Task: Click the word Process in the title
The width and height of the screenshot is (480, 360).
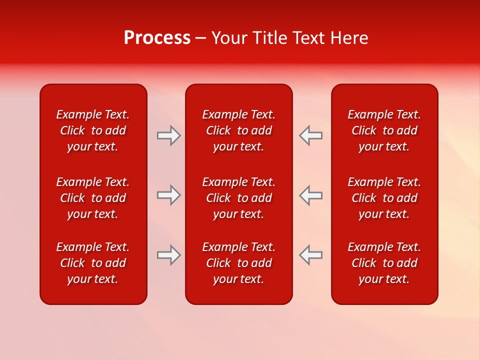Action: tap(157, 38)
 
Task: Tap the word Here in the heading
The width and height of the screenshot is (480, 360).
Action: tap(349, 38)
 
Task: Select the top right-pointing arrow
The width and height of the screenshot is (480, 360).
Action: tap(168, 135)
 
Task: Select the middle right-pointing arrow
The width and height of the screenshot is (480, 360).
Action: tap(168, 195)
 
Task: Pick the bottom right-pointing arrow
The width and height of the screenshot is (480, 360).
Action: tap(168, 254)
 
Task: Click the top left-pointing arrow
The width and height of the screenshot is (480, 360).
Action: tap(310, 135)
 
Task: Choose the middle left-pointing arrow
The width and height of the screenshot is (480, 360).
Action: tap(310, 195)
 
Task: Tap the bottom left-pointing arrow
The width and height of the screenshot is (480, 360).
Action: tap(310, 254)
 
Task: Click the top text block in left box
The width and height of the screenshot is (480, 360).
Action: tap(93, 130)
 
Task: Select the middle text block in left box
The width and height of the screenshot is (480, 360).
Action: tap(93, 198)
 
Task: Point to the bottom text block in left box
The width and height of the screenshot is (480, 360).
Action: tap(93, 263)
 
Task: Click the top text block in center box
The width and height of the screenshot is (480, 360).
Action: tap(238, 130)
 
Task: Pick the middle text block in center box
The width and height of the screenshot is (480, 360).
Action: tap(238, 198)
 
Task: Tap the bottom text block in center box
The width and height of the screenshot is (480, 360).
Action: tap(238, 263)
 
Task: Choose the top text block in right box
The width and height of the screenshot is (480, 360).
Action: tap(384, 130)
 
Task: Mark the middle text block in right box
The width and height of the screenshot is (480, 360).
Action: tap(384, 198)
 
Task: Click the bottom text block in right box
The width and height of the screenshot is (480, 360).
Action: tap(384, 263)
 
